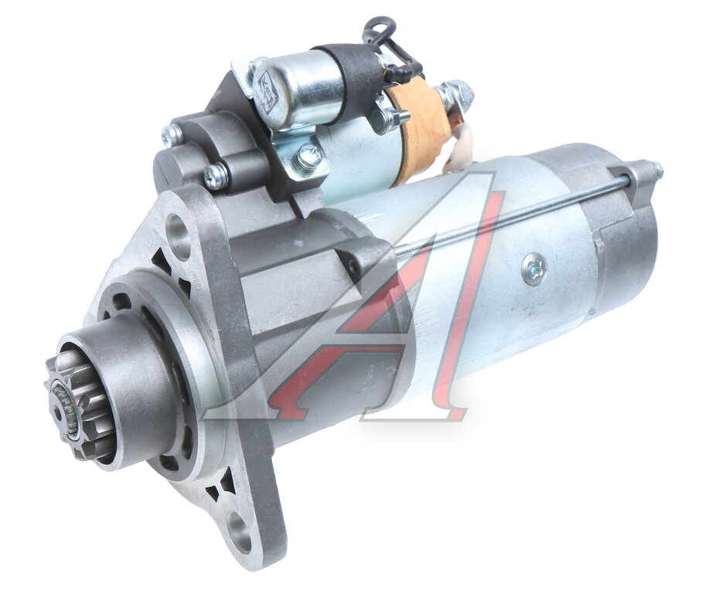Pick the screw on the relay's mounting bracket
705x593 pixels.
[308, 155]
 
